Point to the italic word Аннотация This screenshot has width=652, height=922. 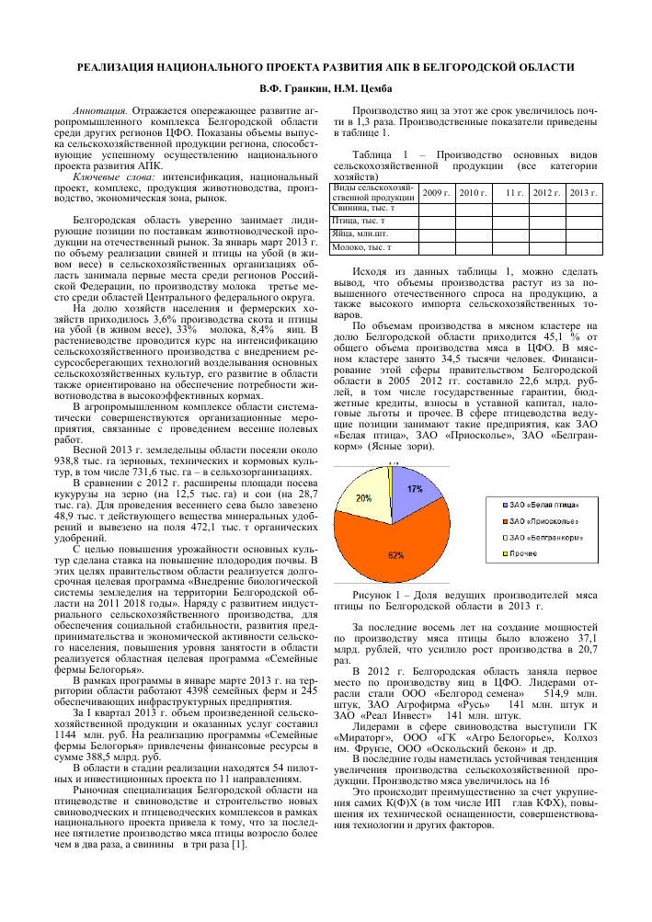pos(98,109)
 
